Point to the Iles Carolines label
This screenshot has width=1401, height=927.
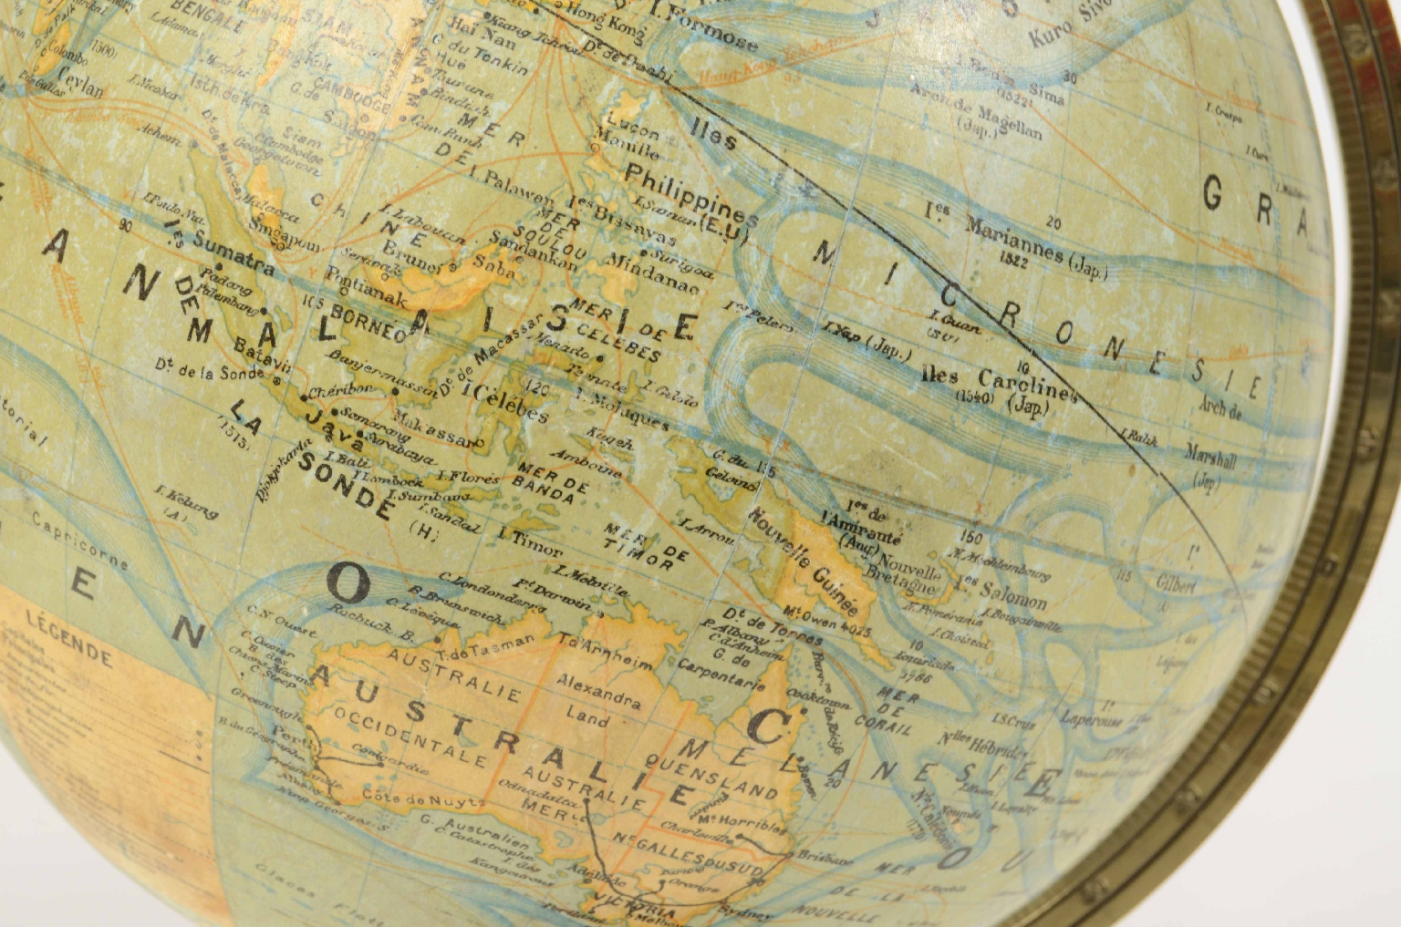(x=999, y=382)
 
